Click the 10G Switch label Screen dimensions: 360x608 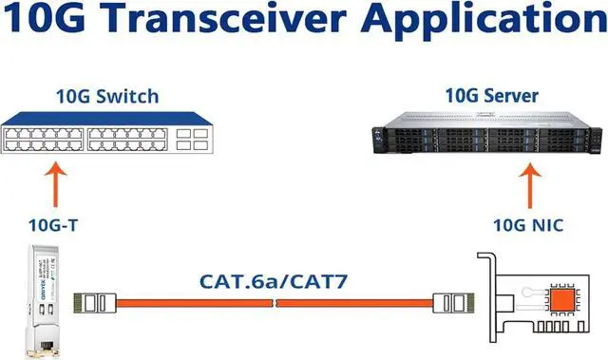pyautogui.click(x=105, y=96)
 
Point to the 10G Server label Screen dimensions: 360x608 pyautogui.click(x=492, y=96)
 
